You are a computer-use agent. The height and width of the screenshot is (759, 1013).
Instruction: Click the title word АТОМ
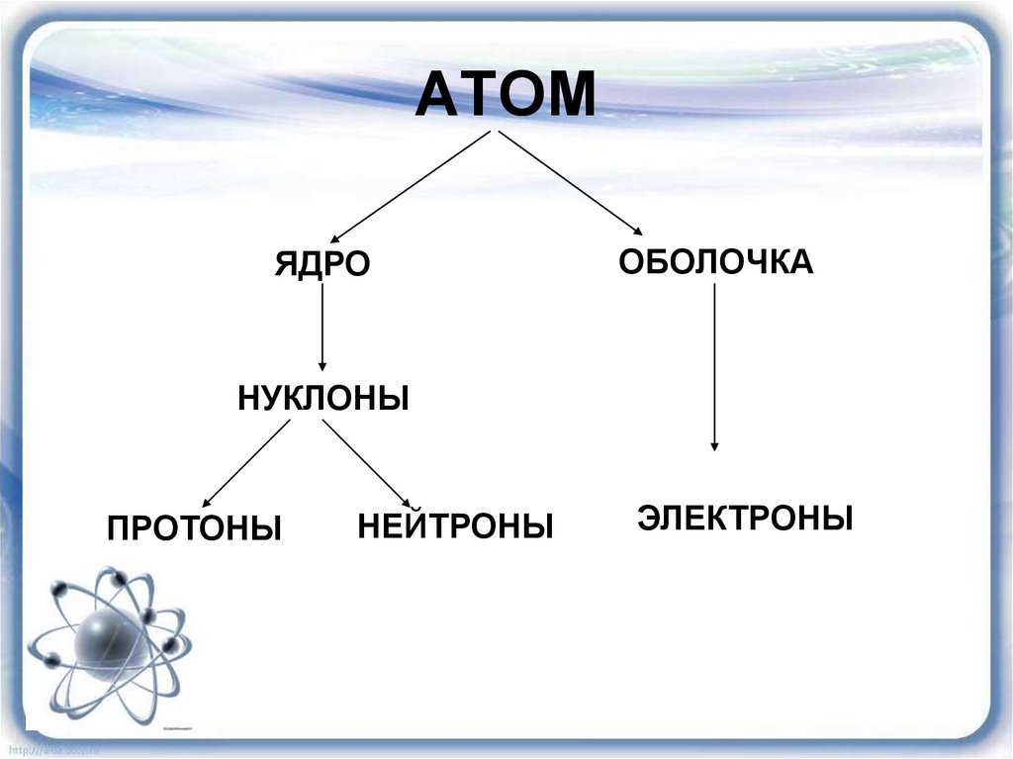(506, 96)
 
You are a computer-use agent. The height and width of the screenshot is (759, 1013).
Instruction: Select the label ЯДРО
(322, 264)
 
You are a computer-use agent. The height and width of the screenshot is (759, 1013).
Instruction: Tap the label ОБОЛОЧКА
(715, 262)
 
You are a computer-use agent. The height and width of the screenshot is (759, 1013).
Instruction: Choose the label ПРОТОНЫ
(195, 527)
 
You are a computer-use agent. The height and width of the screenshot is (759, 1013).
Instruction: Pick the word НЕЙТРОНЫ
(455, 525)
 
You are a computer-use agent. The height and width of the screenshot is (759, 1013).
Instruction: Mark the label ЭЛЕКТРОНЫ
(745, 518)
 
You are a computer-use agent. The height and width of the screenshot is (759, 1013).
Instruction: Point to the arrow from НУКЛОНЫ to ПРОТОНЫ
(247, 462)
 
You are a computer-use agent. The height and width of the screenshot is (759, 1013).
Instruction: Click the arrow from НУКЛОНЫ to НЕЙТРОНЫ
(366, 463)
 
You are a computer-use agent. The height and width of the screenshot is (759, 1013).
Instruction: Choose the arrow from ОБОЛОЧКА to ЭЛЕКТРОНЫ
(714, 366)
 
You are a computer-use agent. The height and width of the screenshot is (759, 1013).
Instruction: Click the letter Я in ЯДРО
(285, 264)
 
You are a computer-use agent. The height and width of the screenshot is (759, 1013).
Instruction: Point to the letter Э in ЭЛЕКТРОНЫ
(648, 518)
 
